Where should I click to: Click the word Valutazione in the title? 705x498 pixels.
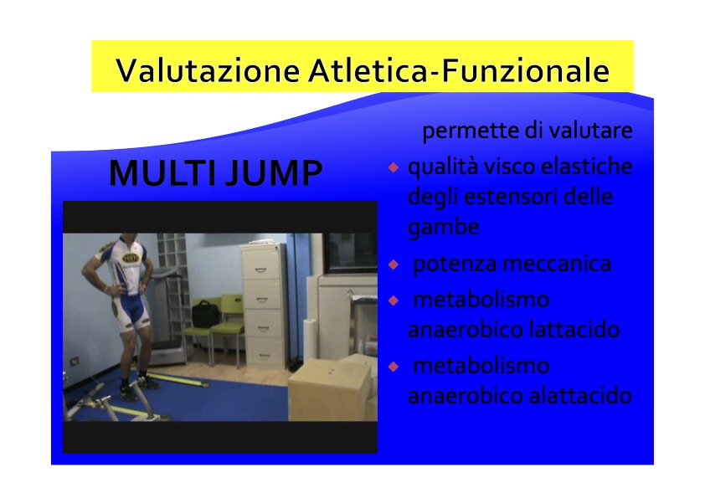208,70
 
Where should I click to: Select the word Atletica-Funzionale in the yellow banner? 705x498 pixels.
459,70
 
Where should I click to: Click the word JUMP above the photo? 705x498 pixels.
273,172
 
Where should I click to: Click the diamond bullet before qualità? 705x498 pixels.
394,167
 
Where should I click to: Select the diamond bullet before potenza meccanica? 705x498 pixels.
394,264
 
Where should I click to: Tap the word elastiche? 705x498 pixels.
587,167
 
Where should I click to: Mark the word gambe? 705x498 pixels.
443,228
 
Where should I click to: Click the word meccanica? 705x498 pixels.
557,264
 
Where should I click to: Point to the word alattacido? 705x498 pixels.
580,396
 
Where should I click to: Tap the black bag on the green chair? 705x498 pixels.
205,314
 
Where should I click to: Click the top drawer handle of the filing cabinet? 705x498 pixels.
261,270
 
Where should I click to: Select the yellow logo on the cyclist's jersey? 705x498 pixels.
131,258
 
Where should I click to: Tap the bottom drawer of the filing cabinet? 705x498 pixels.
265,352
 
